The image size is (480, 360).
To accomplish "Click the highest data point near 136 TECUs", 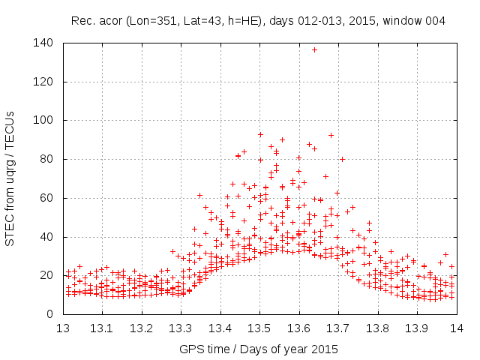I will [314, 49].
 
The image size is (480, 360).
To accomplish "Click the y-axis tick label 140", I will [45, 43].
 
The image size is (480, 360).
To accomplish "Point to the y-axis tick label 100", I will [45, 120].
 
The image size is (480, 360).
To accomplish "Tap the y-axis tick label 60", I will [48, 198].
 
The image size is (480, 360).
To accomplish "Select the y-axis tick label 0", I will [51, 314].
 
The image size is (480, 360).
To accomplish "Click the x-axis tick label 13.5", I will [259, 328].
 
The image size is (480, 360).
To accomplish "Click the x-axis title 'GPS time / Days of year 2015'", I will [259, 349].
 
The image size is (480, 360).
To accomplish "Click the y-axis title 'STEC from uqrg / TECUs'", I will [10, 178].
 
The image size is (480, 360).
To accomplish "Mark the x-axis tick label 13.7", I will [338, 328].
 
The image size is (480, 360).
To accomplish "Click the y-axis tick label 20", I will [48, 275].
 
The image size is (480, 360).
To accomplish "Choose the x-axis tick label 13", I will [63, 328].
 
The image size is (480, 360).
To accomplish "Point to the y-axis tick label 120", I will [45, 82].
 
